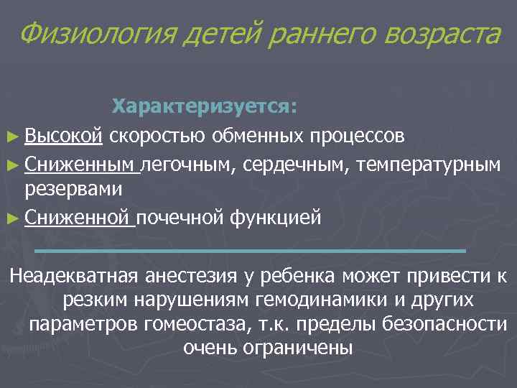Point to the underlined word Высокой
[x=65, y=135]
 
